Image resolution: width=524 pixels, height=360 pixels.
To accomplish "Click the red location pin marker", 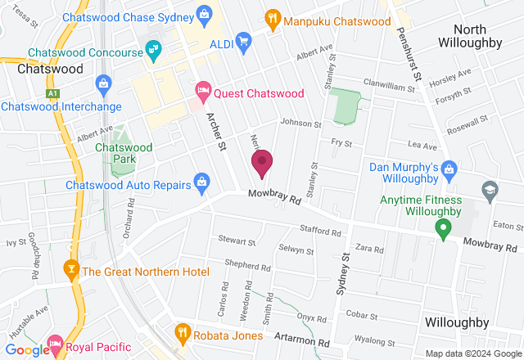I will (262, 163).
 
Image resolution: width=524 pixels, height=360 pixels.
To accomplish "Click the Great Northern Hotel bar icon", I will (70, 269).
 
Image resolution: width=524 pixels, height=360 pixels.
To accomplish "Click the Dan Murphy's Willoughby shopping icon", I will (448, 169).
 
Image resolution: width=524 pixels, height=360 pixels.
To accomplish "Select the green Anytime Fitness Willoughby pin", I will (443, 229).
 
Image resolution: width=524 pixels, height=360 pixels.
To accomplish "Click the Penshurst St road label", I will (408, 52).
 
